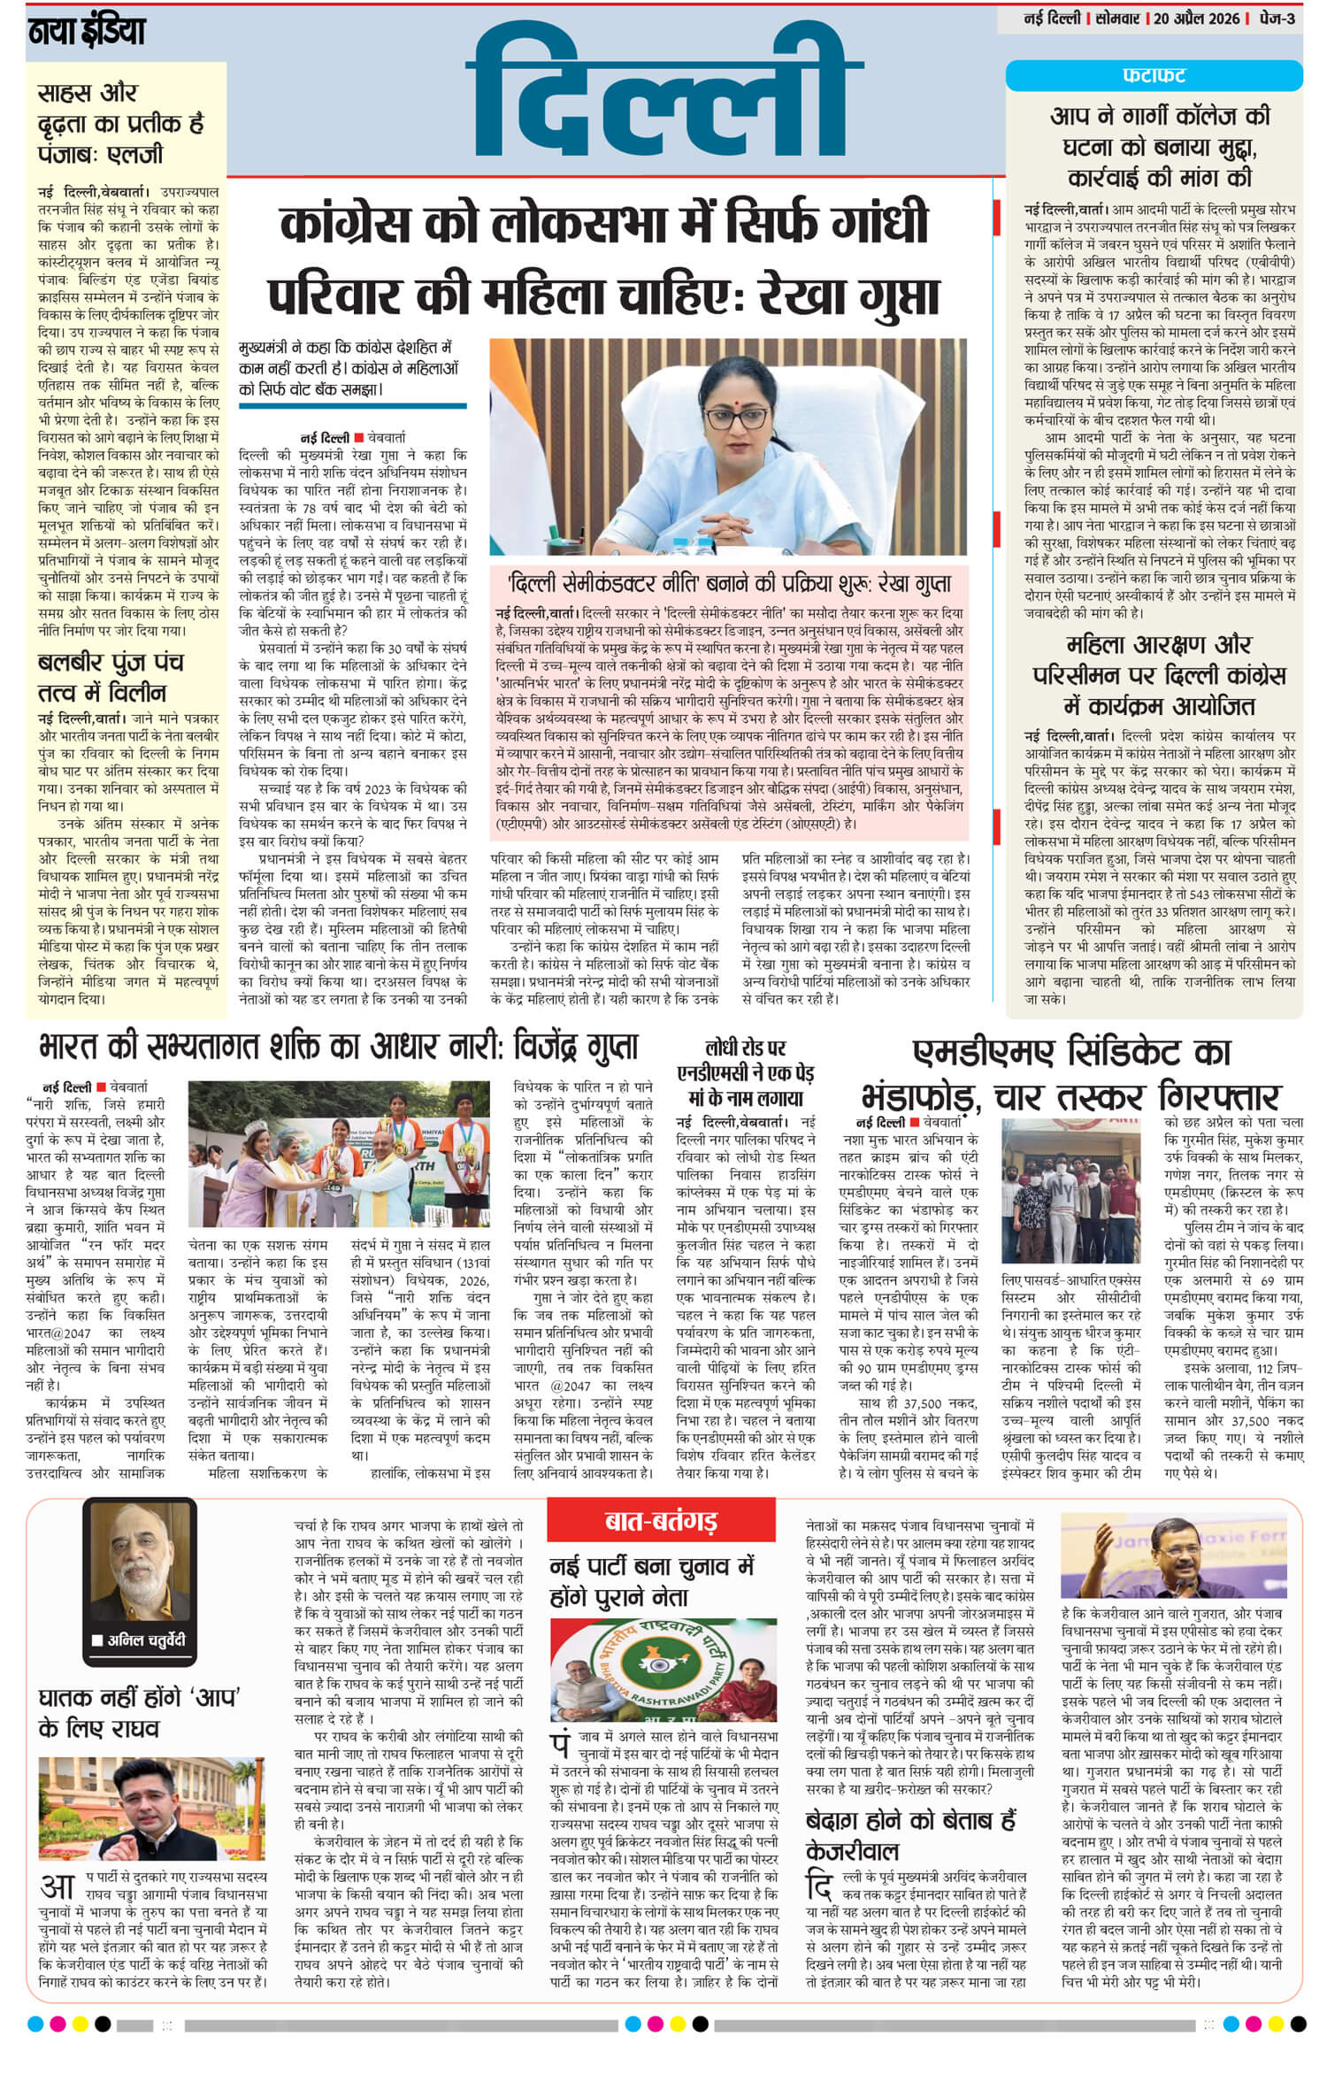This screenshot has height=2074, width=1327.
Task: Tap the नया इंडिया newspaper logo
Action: pyautogui.click(x=86, y=33)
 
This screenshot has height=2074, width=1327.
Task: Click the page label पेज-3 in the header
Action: pyautogui.click(x=1282, y=19)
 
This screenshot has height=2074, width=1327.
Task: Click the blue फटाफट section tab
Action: pyautogui.click(x=1154, y=75)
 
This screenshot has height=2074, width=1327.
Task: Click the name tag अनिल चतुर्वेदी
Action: pyautogui.click(x=140, y=1641)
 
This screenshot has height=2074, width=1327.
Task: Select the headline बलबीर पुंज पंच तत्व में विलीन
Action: pyautogui.click(x=111, y=677)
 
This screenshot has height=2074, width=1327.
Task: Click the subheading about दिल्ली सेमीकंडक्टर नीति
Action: pyautogui.click(x=729, y=584)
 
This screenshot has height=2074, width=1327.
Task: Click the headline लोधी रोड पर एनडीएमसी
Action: pyautogui.click(x=744, y=1073)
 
